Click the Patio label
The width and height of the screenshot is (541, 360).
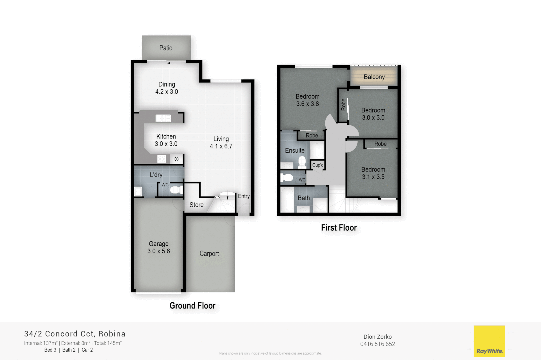pos(166,48)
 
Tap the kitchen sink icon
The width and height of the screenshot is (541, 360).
pos(163,118)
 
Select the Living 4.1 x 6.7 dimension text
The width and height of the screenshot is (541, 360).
pos(221,146)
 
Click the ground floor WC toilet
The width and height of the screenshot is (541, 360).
pos(175,190)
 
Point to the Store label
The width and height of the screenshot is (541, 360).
pos(196,205)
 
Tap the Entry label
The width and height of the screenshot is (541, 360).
pos(244,196)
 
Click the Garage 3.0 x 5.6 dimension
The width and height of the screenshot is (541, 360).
pos(159,251)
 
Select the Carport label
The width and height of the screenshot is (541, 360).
pos(209,254)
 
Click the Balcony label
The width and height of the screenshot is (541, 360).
pos(374,77)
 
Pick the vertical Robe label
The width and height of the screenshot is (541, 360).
pos(343,105)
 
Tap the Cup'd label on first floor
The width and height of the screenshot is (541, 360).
pos(318,165)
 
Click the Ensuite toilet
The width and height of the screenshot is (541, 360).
pos(302,162)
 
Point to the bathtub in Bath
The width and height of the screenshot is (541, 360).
pos(287,200)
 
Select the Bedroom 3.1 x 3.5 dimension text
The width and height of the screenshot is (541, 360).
pos(373,177)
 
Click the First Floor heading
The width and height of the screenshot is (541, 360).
pos(339,228)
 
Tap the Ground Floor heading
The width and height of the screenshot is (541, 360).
pos(192,306)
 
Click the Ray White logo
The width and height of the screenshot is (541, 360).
pos(489,341)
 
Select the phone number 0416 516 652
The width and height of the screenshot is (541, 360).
pos(377,344)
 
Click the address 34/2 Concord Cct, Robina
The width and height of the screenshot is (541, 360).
pos(75,334)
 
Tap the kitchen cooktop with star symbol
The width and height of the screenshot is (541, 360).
pos(176,159)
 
